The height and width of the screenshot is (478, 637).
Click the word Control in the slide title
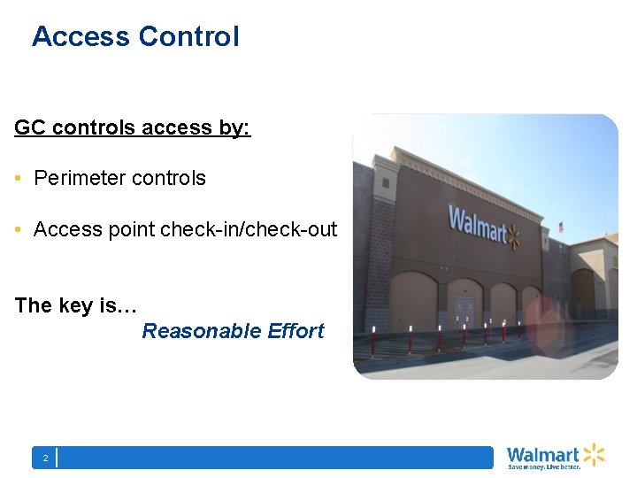pos(188,36)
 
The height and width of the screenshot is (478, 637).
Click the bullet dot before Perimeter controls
pos(19,179)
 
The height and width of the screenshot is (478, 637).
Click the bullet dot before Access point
pos(19,230)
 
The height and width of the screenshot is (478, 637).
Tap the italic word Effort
pos(295,331)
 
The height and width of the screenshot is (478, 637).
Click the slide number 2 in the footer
pos(44,458)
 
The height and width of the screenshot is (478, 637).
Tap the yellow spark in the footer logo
pos(593,454)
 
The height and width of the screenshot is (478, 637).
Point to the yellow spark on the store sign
pos(514,235)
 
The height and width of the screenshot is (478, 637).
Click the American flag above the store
pos(560,227)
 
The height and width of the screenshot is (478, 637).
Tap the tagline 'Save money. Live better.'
pos(543,466)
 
